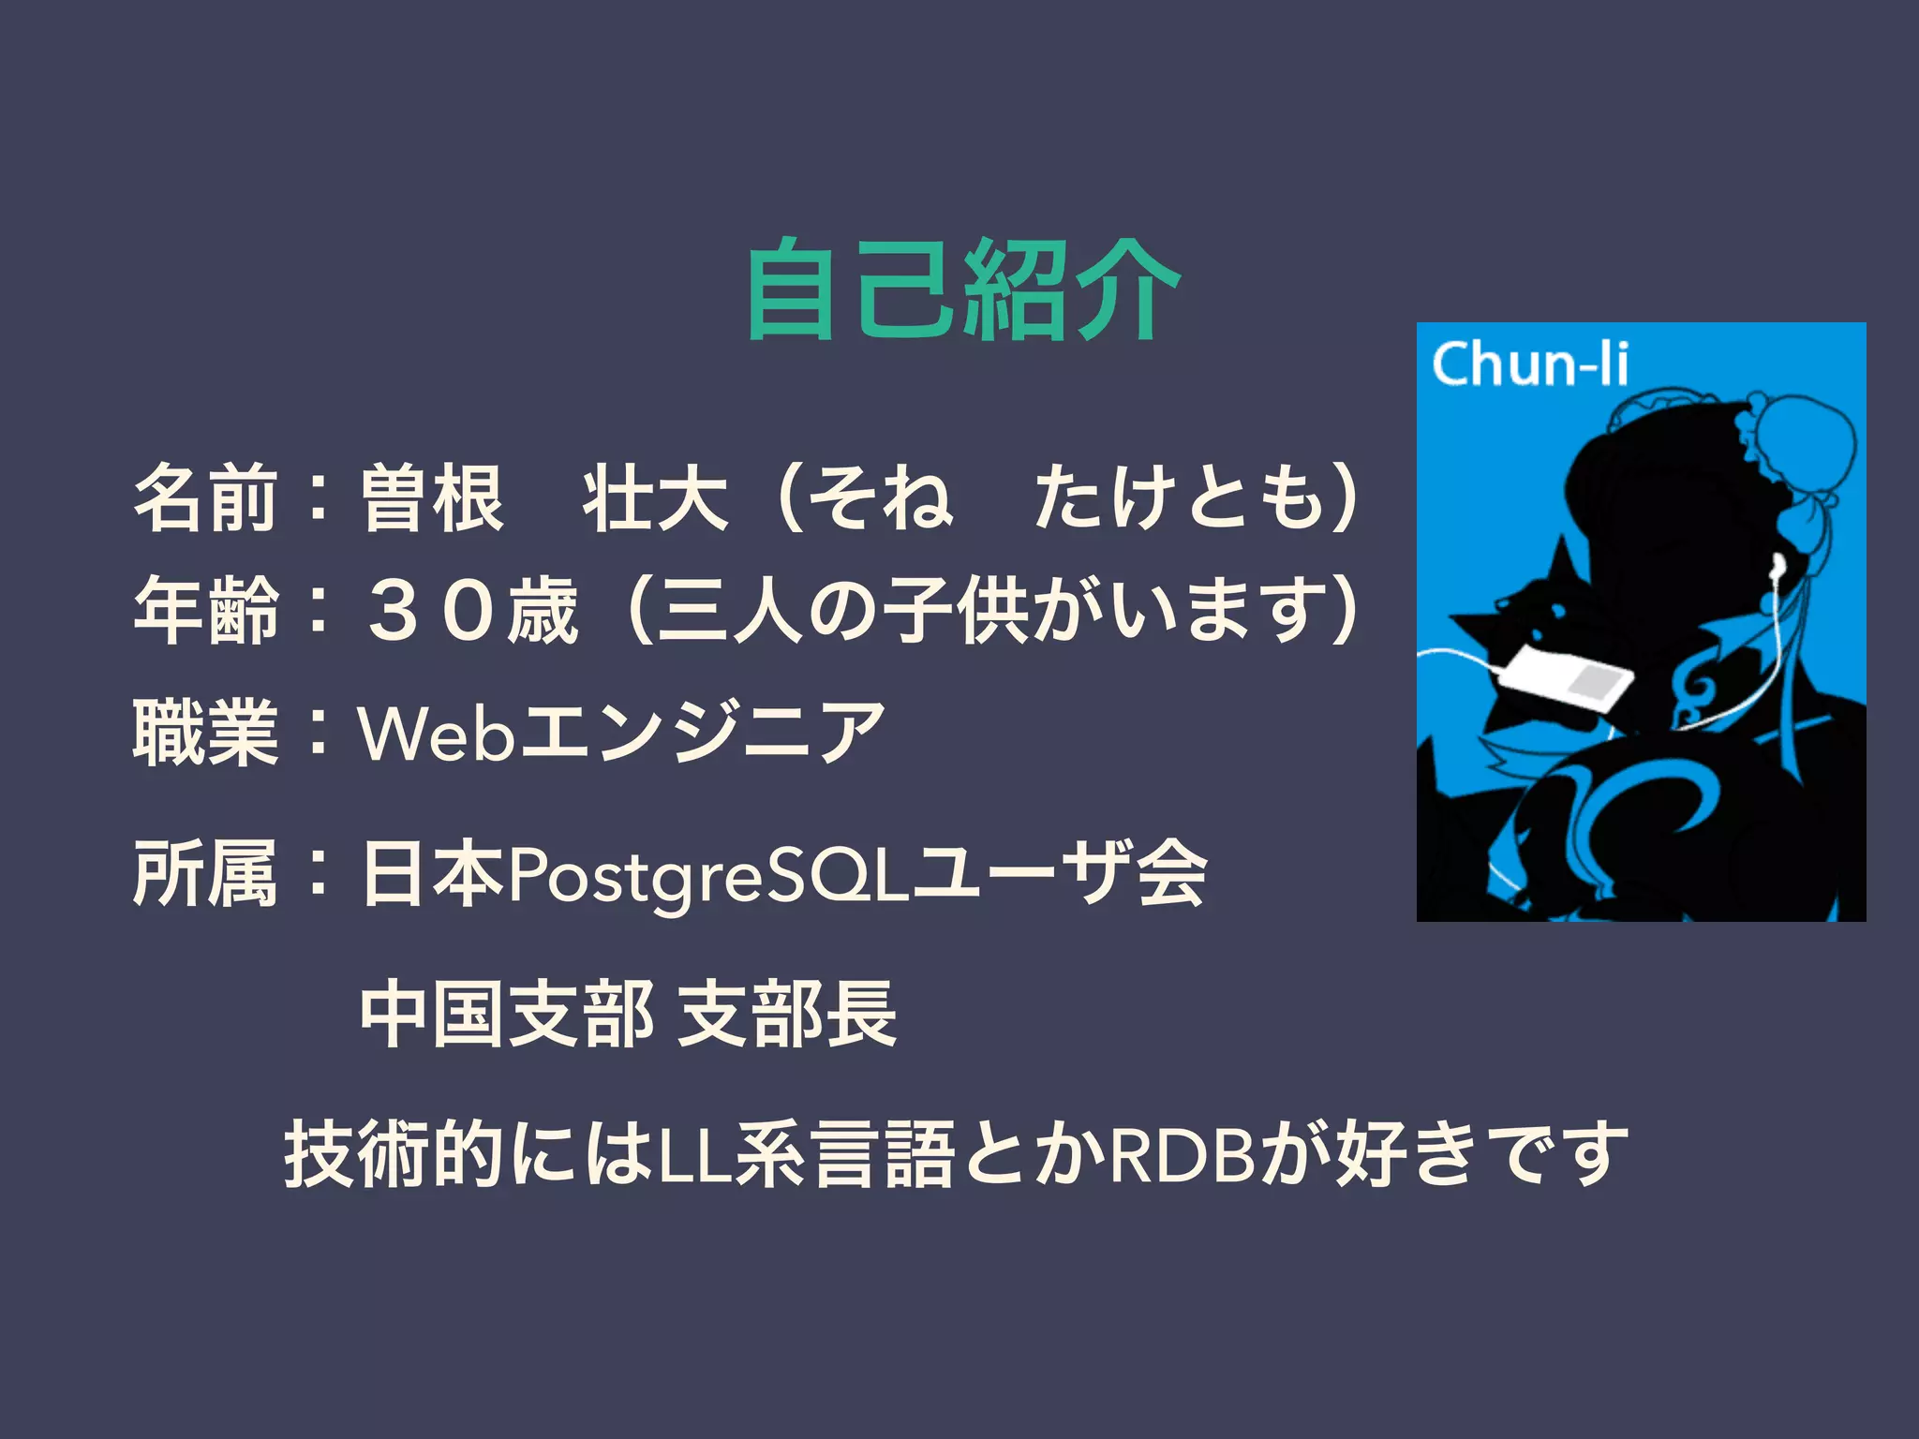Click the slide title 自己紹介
click(x=962, y=290)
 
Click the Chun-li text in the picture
click(x=1529, y=364)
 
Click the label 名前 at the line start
click(x=206, y=497)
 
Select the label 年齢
click(x=206, y=610)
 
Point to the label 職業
click(x=206, y=732)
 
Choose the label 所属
click(x=206, y=872)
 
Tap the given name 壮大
click(x=656, y=497)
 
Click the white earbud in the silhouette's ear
click(x=1777, y=564)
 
